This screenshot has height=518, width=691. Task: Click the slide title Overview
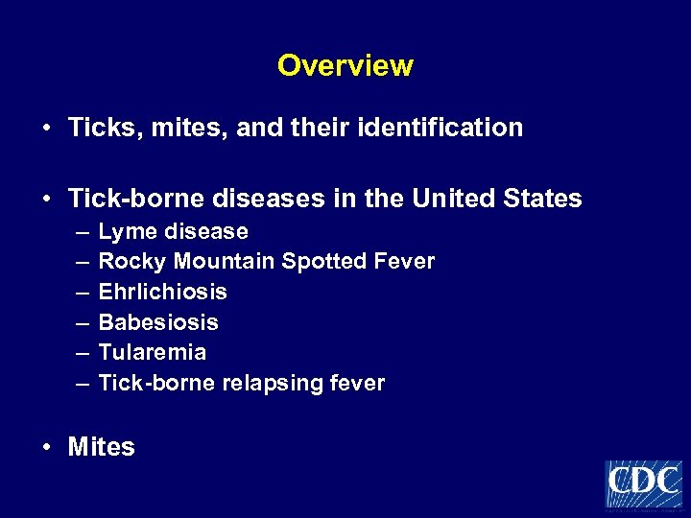click(345, 66)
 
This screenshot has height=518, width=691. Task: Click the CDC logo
click(643, 483)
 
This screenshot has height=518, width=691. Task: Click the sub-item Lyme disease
click(173, 232)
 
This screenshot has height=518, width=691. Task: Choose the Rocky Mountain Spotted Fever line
click(266, 262)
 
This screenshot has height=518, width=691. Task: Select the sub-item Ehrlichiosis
click(162, 292)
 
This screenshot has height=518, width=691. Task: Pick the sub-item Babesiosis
click(158, 322)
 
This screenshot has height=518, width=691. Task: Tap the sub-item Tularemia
click(152, 352)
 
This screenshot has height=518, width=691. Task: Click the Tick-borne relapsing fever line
click(241, 384)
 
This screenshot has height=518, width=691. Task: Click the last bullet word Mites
click(101, 447)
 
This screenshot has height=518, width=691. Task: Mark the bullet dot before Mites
click(46, 447)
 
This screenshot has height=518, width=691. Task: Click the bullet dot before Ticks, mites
click(46, 129)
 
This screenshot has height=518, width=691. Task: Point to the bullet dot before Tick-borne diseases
click(46, 200)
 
